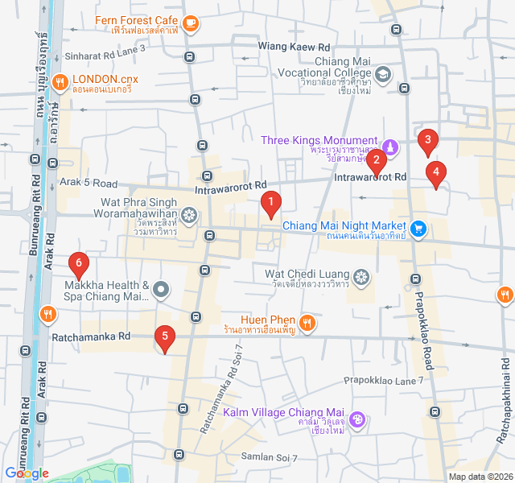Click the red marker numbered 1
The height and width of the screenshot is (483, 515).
[271, 204]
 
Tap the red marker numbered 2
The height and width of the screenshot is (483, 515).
[376, 163]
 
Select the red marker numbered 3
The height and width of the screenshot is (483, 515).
[428, 142]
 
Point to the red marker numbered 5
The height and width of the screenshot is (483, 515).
[165, 339]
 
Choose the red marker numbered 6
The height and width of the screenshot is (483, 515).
[78, 264]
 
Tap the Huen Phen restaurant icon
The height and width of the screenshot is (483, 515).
[306, 324]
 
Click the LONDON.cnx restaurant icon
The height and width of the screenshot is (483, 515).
[60, 81]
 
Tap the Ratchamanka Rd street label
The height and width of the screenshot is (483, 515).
[91, 336]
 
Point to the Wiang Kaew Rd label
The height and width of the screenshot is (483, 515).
[295, 47]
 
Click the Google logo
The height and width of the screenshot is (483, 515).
[27, 473]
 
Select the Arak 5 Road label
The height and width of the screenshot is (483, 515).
[89, 183]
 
